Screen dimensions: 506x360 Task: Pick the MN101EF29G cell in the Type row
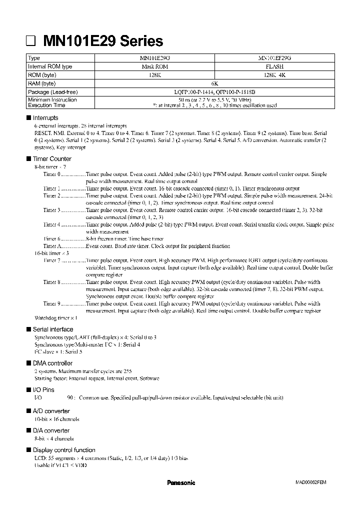274,58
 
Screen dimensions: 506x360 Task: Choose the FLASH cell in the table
274,66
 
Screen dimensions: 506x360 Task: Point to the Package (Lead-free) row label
53,92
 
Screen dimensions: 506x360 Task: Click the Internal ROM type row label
50,66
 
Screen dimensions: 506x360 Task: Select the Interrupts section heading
45,117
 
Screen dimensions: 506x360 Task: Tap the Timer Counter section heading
52,158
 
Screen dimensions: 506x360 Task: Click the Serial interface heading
52,329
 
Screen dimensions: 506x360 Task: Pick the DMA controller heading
52,363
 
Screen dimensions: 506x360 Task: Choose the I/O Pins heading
43,389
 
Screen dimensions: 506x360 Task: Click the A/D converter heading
51,411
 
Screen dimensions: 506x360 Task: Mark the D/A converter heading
51,430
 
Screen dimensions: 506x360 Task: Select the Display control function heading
63,450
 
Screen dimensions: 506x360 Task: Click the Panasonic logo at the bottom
180,483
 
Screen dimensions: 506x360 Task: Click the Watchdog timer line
55,318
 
